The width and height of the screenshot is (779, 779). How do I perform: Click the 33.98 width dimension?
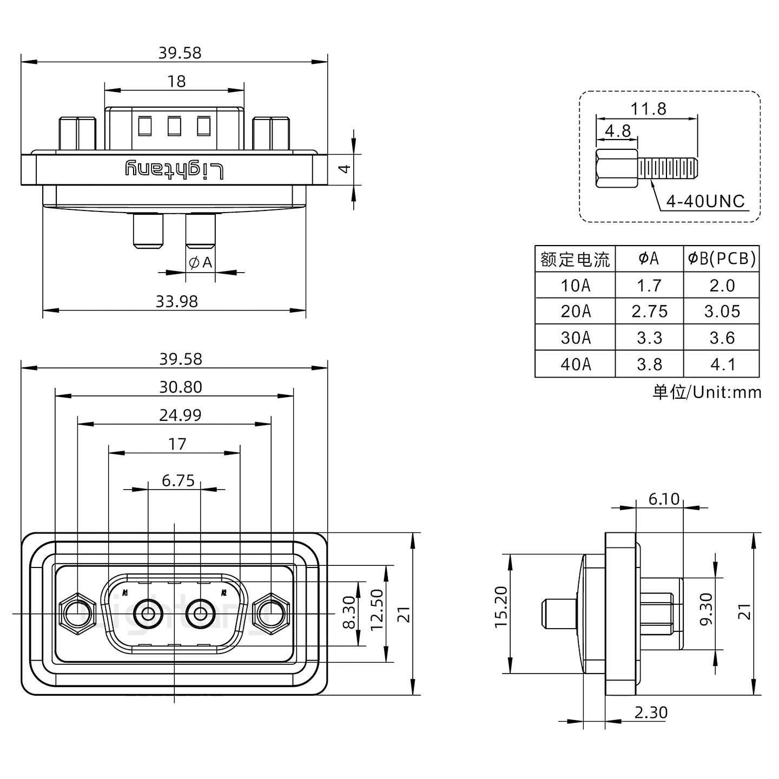(176, 301)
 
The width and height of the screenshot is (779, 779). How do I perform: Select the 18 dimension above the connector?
(176, 81)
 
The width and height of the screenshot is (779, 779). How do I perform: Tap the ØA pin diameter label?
(200, 263)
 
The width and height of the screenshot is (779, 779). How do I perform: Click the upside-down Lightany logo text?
(174, 169)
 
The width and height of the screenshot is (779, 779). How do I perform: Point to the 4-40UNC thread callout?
(705, 202)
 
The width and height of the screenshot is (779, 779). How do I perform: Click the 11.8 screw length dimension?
(648, 109)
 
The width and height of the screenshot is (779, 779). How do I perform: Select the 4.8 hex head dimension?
(617, 131)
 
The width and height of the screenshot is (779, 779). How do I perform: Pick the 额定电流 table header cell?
(575, 259)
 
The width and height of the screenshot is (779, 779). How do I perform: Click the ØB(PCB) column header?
(721, 259)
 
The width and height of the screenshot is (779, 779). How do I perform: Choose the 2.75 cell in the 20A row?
(649, 312)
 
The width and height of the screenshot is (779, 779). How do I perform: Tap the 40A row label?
(575, 364)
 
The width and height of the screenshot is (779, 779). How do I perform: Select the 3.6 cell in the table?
(722, 338)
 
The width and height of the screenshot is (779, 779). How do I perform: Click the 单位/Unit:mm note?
(707, 392)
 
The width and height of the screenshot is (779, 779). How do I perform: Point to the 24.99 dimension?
(180, 415)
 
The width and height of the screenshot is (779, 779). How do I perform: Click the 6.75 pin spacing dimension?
(178, 480)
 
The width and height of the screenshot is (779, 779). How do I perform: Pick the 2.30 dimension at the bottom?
(651, 712)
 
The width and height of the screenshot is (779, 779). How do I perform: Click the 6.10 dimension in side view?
(664, 499)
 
